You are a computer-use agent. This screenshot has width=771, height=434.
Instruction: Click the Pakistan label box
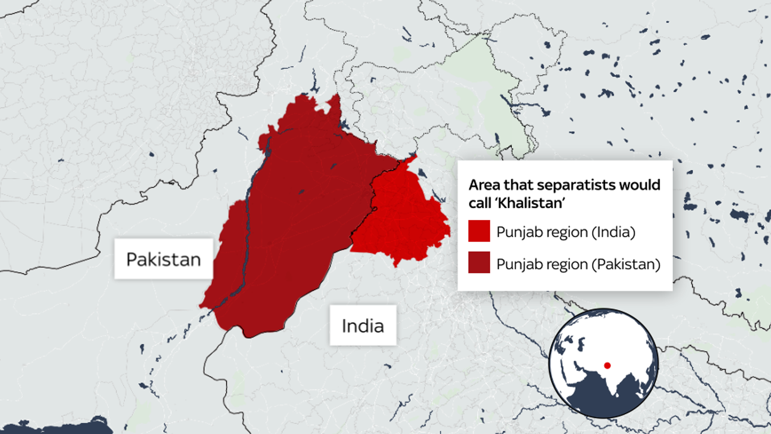coord(163,259)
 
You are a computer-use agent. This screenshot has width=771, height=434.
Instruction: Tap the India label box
coord(363,325)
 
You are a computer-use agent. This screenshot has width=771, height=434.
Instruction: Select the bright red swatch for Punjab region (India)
coord(479,231)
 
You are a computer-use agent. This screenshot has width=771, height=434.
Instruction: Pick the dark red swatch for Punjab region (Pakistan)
coord(479,263)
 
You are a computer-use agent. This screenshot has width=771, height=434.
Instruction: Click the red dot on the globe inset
coord(607,366)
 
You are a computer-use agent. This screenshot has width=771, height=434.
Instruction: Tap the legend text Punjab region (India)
coord(566,232)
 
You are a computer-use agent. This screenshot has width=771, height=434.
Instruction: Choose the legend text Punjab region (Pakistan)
coord(578,264)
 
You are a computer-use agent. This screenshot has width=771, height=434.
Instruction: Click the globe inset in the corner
coord(603,363)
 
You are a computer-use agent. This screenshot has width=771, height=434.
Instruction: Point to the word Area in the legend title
coord(484,185)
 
